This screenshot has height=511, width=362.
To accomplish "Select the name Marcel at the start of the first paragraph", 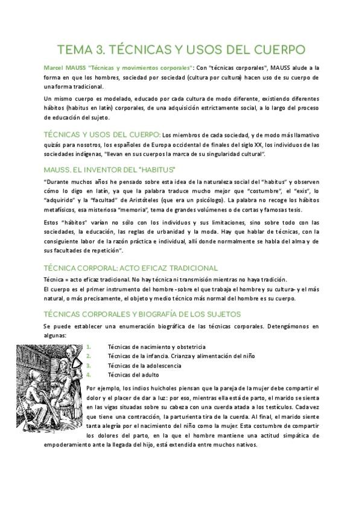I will pyautogui.click(x=55, y=68).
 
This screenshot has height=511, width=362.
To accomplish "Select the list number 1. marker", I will pyautogui.click(x=89, y=347).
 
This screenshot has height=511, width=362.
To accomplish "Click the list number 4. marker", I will pyautogui.click(x=89, y=374).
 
